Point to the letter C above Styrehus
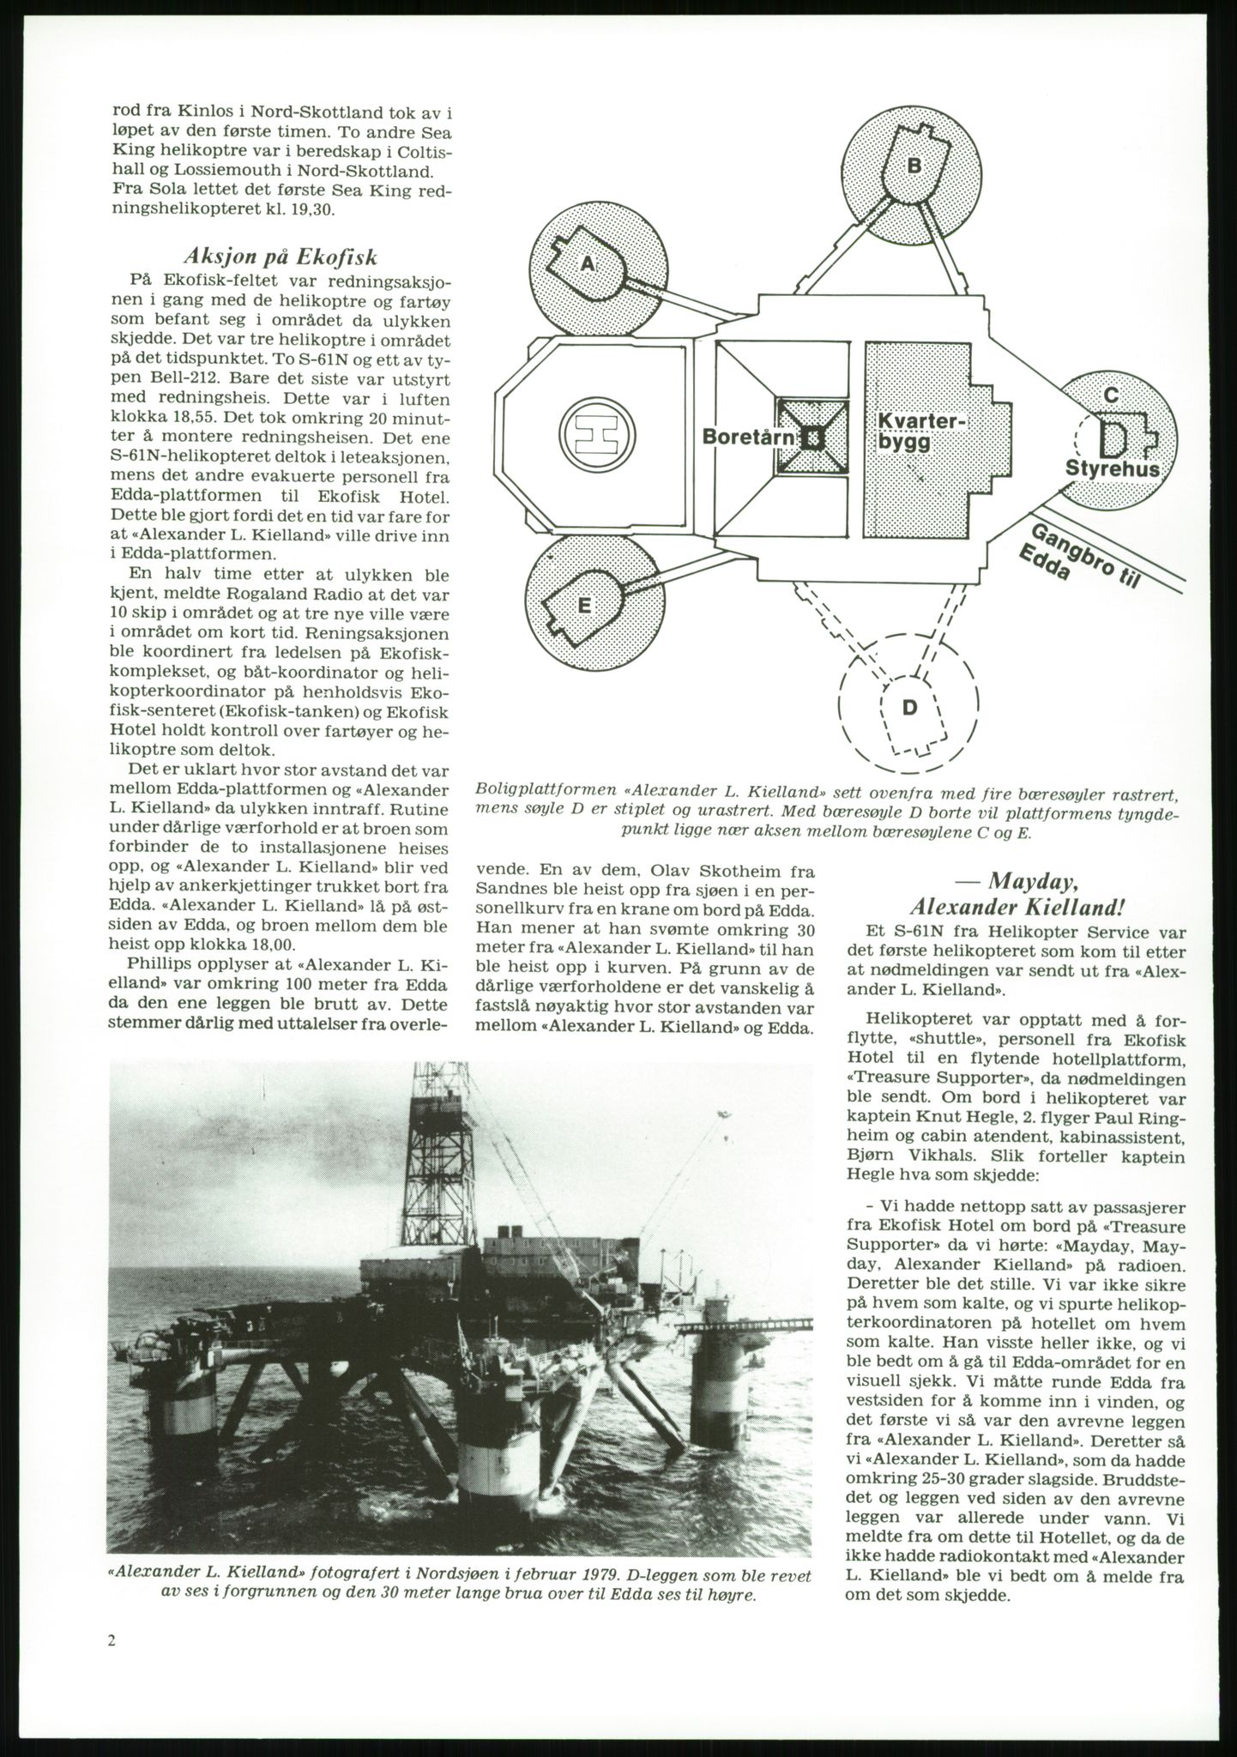coord(1110,395)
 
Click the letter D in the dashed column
coord(910,707)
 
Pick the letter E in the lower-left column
coord(583,606)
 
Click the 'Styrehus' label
coord(1113,469)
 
